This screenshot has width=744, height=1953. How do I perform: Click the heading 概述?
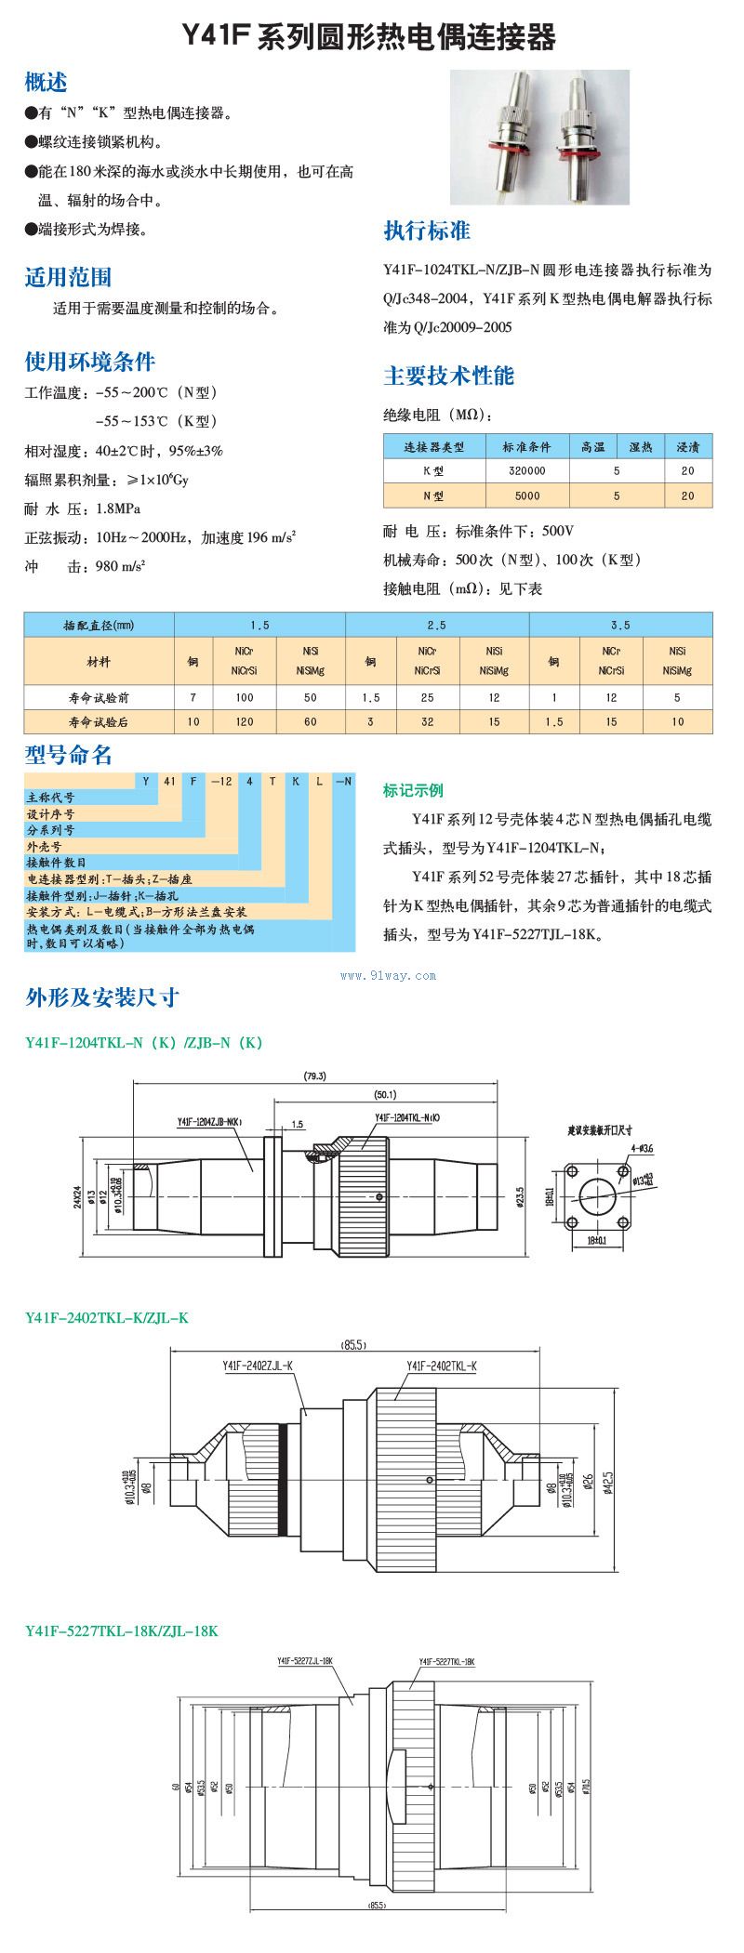pyautogui.click(x=46, y=82)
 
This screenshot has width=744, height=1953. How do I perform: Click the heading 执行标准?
pyautogui.click(x=427, y=231)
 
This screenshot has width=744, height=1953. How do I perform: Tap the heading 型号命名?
pyautogui.click(x=68, y=755)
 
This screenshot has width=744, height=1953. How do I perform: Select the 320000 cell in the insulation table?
pyautogui.click(x=526, y=471)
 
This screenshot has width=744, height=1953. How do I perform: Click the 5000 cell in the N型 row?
pyautogui.click(x=526, y=495)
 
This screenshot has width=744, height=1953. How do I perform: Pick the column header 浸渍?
pyautogui.click(x=687, y=447)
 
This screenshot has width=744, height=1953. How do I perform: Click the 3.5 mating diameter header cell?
pyautogui.click(x=620, y=626)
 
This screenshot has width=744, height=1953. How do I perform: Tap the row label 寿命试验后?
pyautogui.click(x=99, y=721)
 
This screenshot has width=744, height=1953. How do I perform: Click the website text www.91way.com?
pyautogui.click(x=389, y=975)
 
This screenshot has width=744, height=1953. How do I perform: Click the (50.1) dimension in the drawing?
pyautogui.click(x=385, y=1094)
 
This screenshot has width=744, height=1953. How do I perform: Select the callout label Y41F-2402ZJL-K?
pyautogui.click(x=258, y=1366)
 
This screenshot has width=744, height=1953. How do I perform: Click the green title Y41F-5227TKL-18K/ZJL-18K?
pyautogui.click(x=122, y=1630)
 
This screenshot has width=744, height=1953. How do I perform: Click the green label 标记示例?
pyautogui.click(x=413, y=790)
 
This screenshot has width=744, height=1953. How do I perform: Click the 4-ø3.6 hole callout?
pyautogui.click(x=642, y=1149)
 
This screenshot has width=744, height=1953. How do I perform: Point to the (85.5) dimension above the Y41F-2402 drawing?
pyautogui.click(x=354, y=1344)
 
